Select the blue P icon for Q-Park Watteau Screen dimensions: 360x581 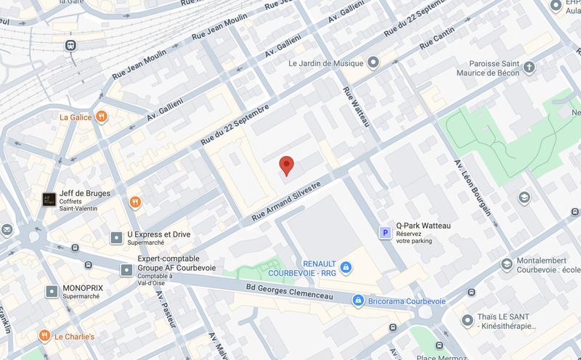(386, 232)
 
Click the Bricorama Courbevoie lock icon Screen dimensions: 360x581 (357, 300)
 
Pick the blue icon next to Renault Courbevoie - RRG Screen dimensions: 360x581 (346, 268)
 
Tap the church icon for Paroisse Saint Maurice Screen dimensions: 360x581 (529, 68)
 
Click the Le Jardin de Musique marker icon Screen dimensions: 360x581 (373, 63)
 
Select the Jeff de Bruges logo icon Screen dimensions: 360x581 (49, 198)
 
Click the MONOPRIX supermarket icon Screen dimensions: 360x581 (52, 291)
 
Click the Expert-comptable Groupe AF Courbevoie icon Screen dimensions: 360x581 (125, 270)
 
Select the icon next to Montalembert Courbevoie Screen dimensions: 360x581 (506, 265)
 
